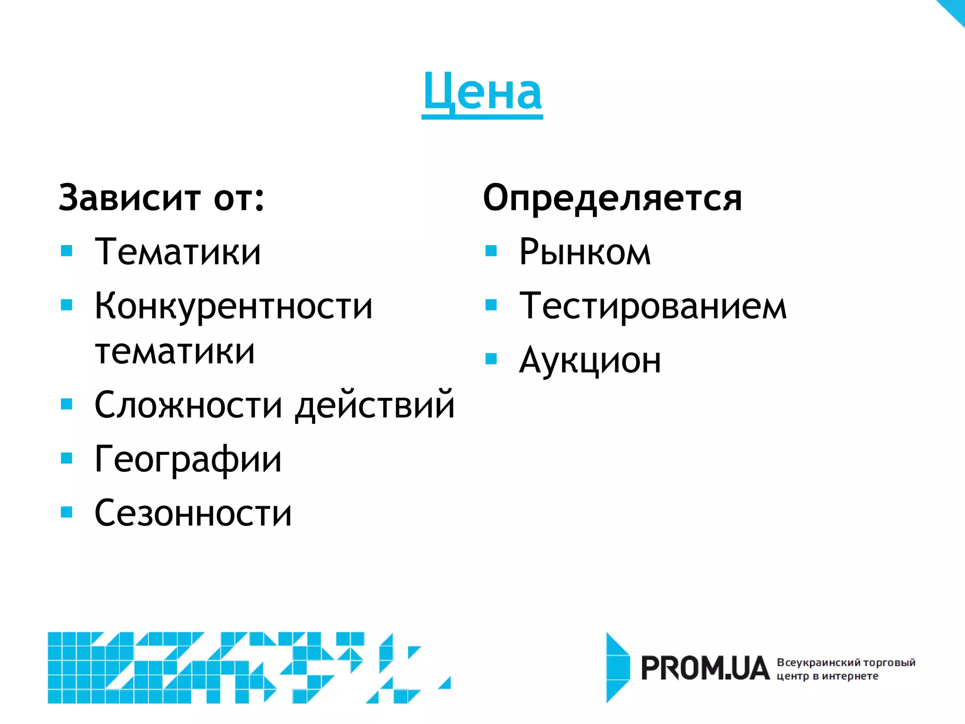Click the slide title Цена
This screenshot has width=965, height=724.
482,92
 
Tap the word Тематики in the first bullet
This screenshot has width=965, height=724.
178,252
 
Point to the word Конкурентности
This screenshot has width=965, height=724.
233,306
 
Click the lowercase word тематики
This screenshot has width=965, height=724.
175,352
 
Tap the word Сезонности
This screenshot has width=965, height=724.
193,513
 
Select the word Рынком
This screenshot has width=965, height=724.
585,252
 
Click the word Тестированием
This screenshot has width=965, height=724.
653,306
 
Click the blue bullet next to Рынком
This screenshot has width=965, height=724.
491,251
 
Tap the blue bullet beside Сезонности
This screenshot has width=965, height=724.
67,512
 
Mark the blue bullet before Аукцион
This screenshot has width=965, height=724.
491,359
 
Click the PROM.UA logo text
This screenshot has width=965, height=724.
705,668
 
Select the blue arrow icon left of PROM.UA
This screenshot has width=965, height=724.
617,667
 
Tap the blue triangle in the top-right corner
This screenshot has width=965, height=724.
955,9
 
